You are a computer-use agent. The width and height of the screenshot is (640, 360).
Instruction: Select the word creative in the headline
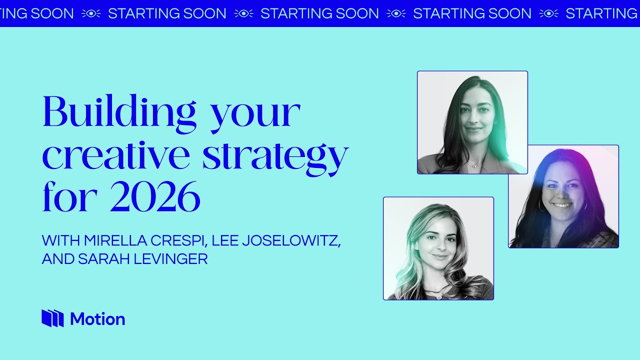(116, 156)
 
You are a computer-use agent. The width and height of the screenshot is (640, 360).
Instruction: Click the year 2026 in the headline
(155, 196)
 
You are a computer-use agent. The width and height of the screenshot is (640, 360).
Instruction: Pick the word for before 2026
(70, 196)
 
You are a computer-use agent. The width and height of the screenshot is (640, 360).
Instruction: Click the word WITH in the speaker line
(60, 240)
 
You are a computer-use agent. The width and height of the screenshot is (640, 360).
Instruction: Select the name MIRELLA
(115, 240)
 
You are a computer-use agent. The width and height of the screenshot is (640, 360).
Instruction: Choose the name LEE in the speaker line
(225, 240)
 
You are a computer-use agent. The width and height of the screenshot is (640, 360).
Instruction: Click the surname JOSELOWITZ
(291, 241)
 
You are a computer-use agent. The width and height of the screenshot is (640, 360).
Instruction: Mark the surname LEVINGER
(171, 259)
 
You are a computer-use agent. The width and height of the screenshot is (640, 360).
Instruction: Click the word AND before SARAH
(58, 259)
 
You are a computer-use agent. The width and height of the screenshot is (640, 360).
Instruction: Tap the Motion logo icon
(52, 318)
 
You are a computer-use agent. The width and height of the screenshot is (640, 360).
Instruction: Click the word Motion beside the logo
(97, 319)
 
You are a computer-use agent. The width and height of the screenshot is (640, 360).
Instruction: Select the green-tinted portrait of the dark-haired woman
(472, 122)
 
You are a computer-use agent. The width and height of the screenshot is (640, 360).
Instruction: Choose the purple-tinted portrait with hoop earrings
(563, 196)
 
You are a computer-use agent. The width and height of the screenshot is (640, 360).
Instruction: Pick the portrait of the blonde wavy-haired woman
(438, 248)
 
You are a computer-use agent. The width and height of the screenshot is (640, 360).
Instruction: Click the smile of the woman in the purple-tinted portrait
(561, 205)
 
